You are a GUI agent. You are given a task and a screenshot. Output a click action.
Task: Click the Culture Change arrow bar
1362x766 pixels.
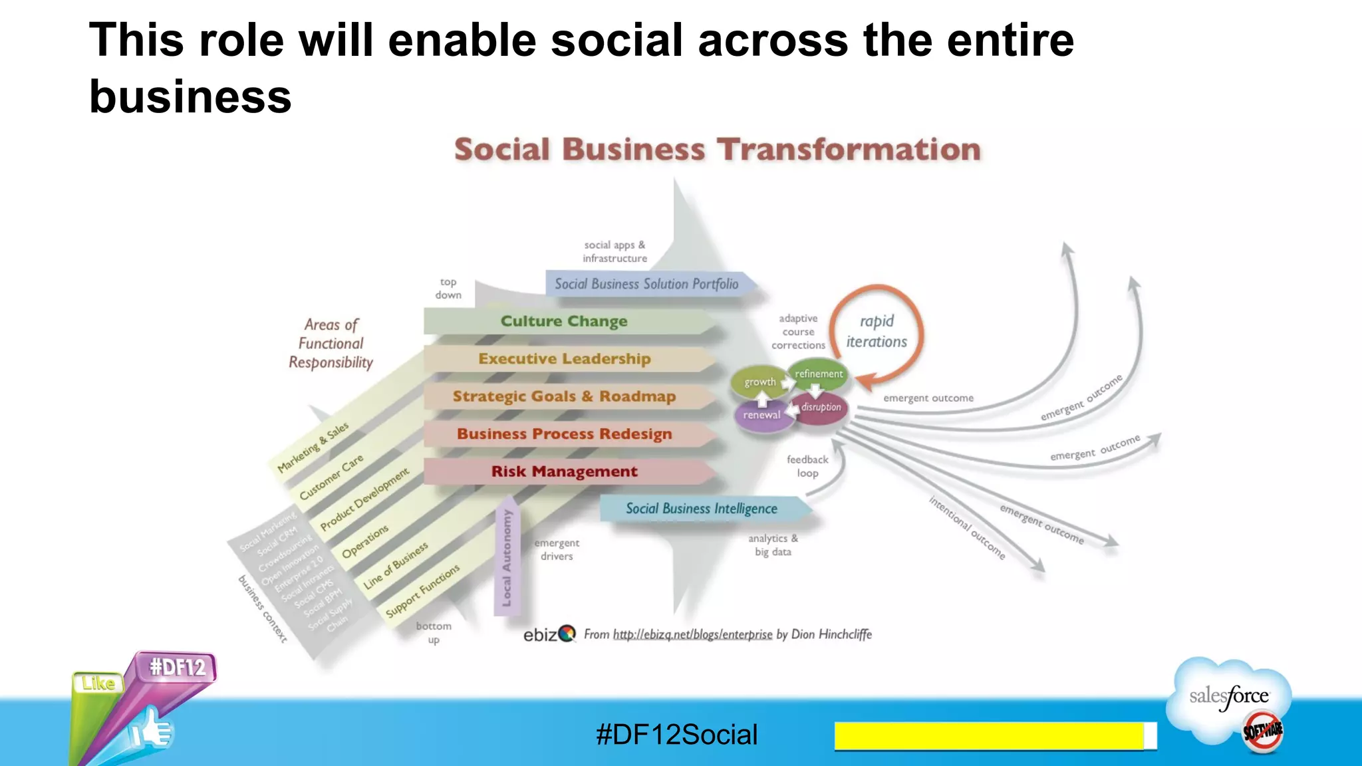tap(564, 321)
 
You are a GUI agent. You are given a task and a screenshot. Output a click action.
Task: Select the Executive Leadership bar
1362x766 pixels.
tap(564, 359)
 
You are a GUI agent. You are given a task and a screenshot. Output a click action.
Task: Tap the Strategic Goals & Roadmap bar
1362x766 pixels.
tap(564, 396)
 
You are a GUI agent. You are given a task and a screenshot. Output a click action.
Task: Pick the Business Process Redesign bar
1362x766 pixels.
tap(564, 434)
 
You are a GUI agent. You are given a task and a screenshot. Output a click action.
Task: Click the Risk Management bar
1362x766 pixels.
tap(564, 471)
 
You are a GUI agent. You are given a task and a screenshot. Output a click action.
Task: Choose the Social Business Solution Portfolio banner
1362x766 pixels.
tap(646, 284)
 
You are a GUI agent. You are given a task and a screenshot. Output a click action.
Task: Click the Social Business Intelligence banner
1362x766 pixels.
tap(701, 509)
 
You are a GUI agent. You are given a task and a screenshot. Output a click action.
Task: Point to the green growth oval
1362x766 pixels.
tap(759, 382)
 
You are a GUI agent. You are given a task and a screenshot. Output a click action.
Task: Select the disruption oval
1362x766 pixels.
tap(821, 407)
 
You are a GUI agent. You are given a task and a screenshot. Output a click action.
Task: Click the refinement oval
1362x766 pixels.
tap(818, 374)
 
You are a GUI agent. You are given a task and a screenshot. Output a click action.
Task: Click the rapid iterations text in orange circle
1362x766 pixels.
tap(877, 331)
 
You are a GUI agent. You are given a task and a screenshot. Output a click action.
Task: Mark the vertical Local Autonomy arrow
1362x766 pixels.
tap(507, 557)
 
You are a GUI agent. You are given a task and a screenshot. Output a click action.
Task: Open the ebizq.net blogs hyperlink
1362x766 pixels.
tap(692, 634)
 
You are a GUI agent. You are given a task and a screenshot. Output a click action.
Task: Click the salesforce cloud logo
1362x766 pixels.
tap(1229, 698)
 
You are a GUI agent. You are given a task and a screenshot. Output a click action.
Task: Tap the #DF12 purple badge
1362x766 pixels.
tap(177, 667)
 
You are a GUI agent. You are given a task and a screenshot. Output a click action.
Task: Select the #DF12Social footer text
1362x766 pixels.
tap(676, 735)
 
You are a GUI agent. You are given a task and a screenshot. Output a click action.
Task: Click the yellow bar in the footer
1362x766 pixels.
tap(989, 736)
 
